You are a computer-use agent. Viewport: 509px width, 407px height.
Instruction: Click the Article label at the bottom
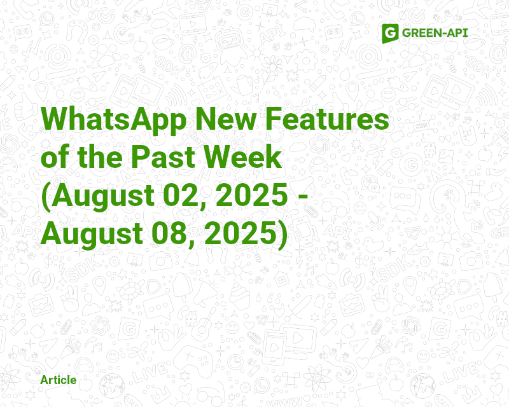point(58,380)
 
